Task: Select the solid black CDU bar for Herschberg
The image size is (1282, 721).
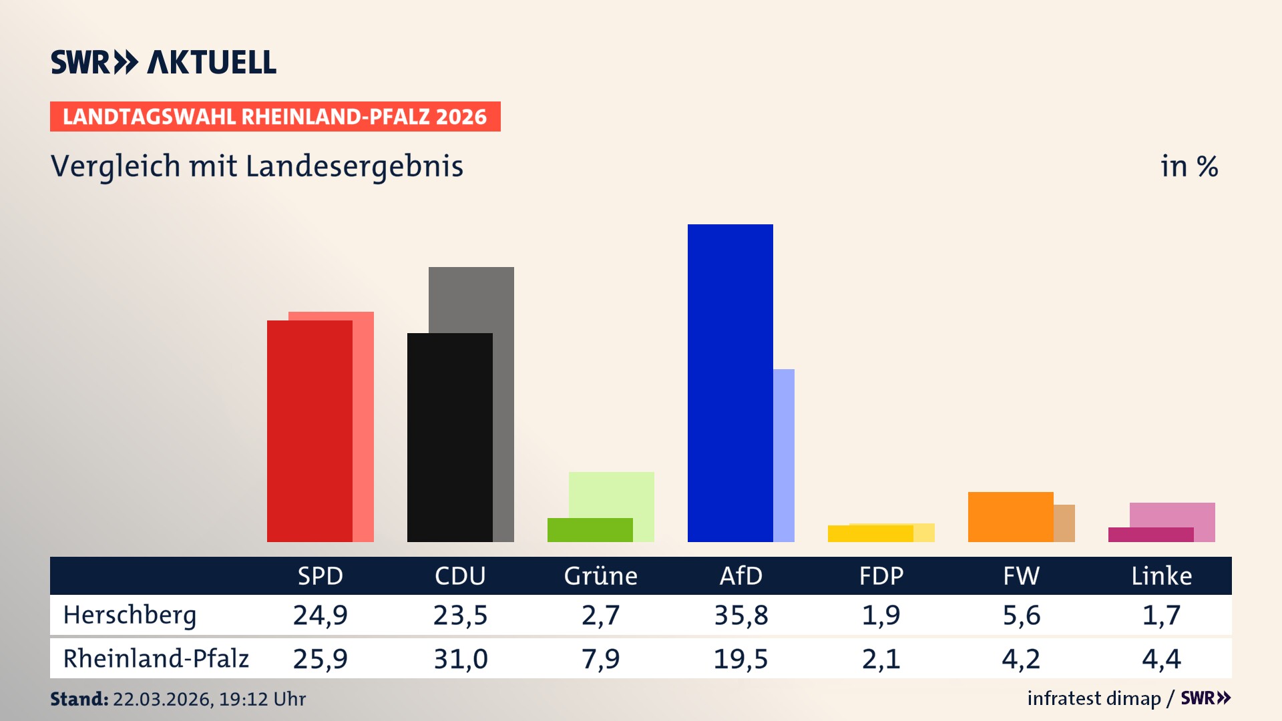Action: click(x=449, y=437)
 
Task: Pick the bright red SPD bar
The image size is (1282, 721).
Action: click(x=309, y=431)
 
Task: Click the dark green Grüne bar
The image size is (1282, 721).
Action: click(x=590, y=530)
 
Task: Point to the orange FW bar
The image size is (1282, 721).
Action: click(x=1010, y=517)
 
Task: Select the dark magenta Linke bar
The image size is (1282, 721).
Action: click(x=1150, y=535)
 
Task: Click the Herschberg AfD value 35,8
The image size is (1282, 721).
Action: click(x=741, y=615)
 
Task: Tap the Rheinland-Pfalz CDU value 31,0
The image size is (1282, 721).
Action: click(x=461, y=659)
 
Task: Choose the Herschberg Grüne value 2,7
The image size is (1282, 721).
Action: click(x=601, y=615)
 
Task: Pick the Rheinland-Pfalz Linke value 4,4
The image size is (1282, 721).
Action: click(x=1161, y=659)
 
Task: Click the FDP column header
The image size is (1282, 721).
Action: click(x=881, y=575)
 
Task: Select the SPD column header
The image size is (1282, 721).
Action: click(x=320, y=575)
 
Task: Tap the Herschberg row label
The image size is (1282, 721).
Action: click(x=130, y=615)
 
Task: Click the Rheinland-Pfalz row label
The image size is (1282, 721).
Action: click(x=156, y=659)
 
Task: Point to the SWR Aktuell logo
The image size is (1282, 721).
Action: click(x=164, y=62)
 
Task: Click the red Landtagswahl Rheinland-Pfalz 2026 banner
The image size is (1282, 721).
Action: click(x=275, y=117)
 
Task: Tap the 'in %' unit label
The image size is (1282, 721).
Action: click(x=1189, y=167)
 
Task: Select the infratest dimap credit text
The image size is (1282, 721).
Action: click(x=1094, y=698)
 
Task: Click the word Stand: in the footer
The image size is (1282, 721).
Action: click(x=79, y=699)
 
